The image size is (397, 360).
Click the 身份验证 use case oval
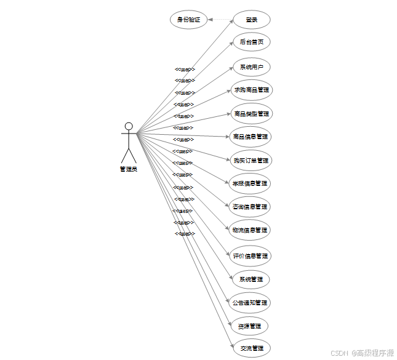188,20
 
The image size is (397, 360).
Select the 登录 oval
252,20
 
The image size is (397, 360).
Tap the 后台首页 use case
252,42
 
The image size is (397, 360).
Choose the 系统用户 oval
252,66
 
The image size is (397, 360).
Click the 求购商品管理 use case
252,90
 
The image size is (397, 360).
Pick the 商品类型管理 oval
252,114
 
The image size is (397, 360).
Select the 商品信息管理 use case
251,137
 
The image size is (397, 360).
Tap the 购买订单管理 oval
251,161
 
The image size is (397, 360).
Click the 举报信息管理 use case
250,183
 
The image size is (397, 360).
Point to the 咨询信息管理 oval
250,207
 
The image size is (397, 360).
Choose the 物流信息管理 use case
250,231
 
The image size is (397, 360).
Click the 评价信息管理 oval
251,256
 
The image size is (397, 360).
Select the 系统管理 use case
251,279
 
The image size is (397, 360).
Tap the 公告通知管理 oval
250,303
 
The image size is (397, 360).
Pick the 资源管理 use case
251,326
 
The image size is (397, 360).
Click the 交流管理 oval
251,348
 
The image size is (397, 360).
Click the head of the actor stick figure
129,127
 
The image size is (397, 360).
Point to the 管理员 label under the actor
129,169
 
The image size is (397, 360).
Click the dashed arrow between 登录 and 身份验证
220,20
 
